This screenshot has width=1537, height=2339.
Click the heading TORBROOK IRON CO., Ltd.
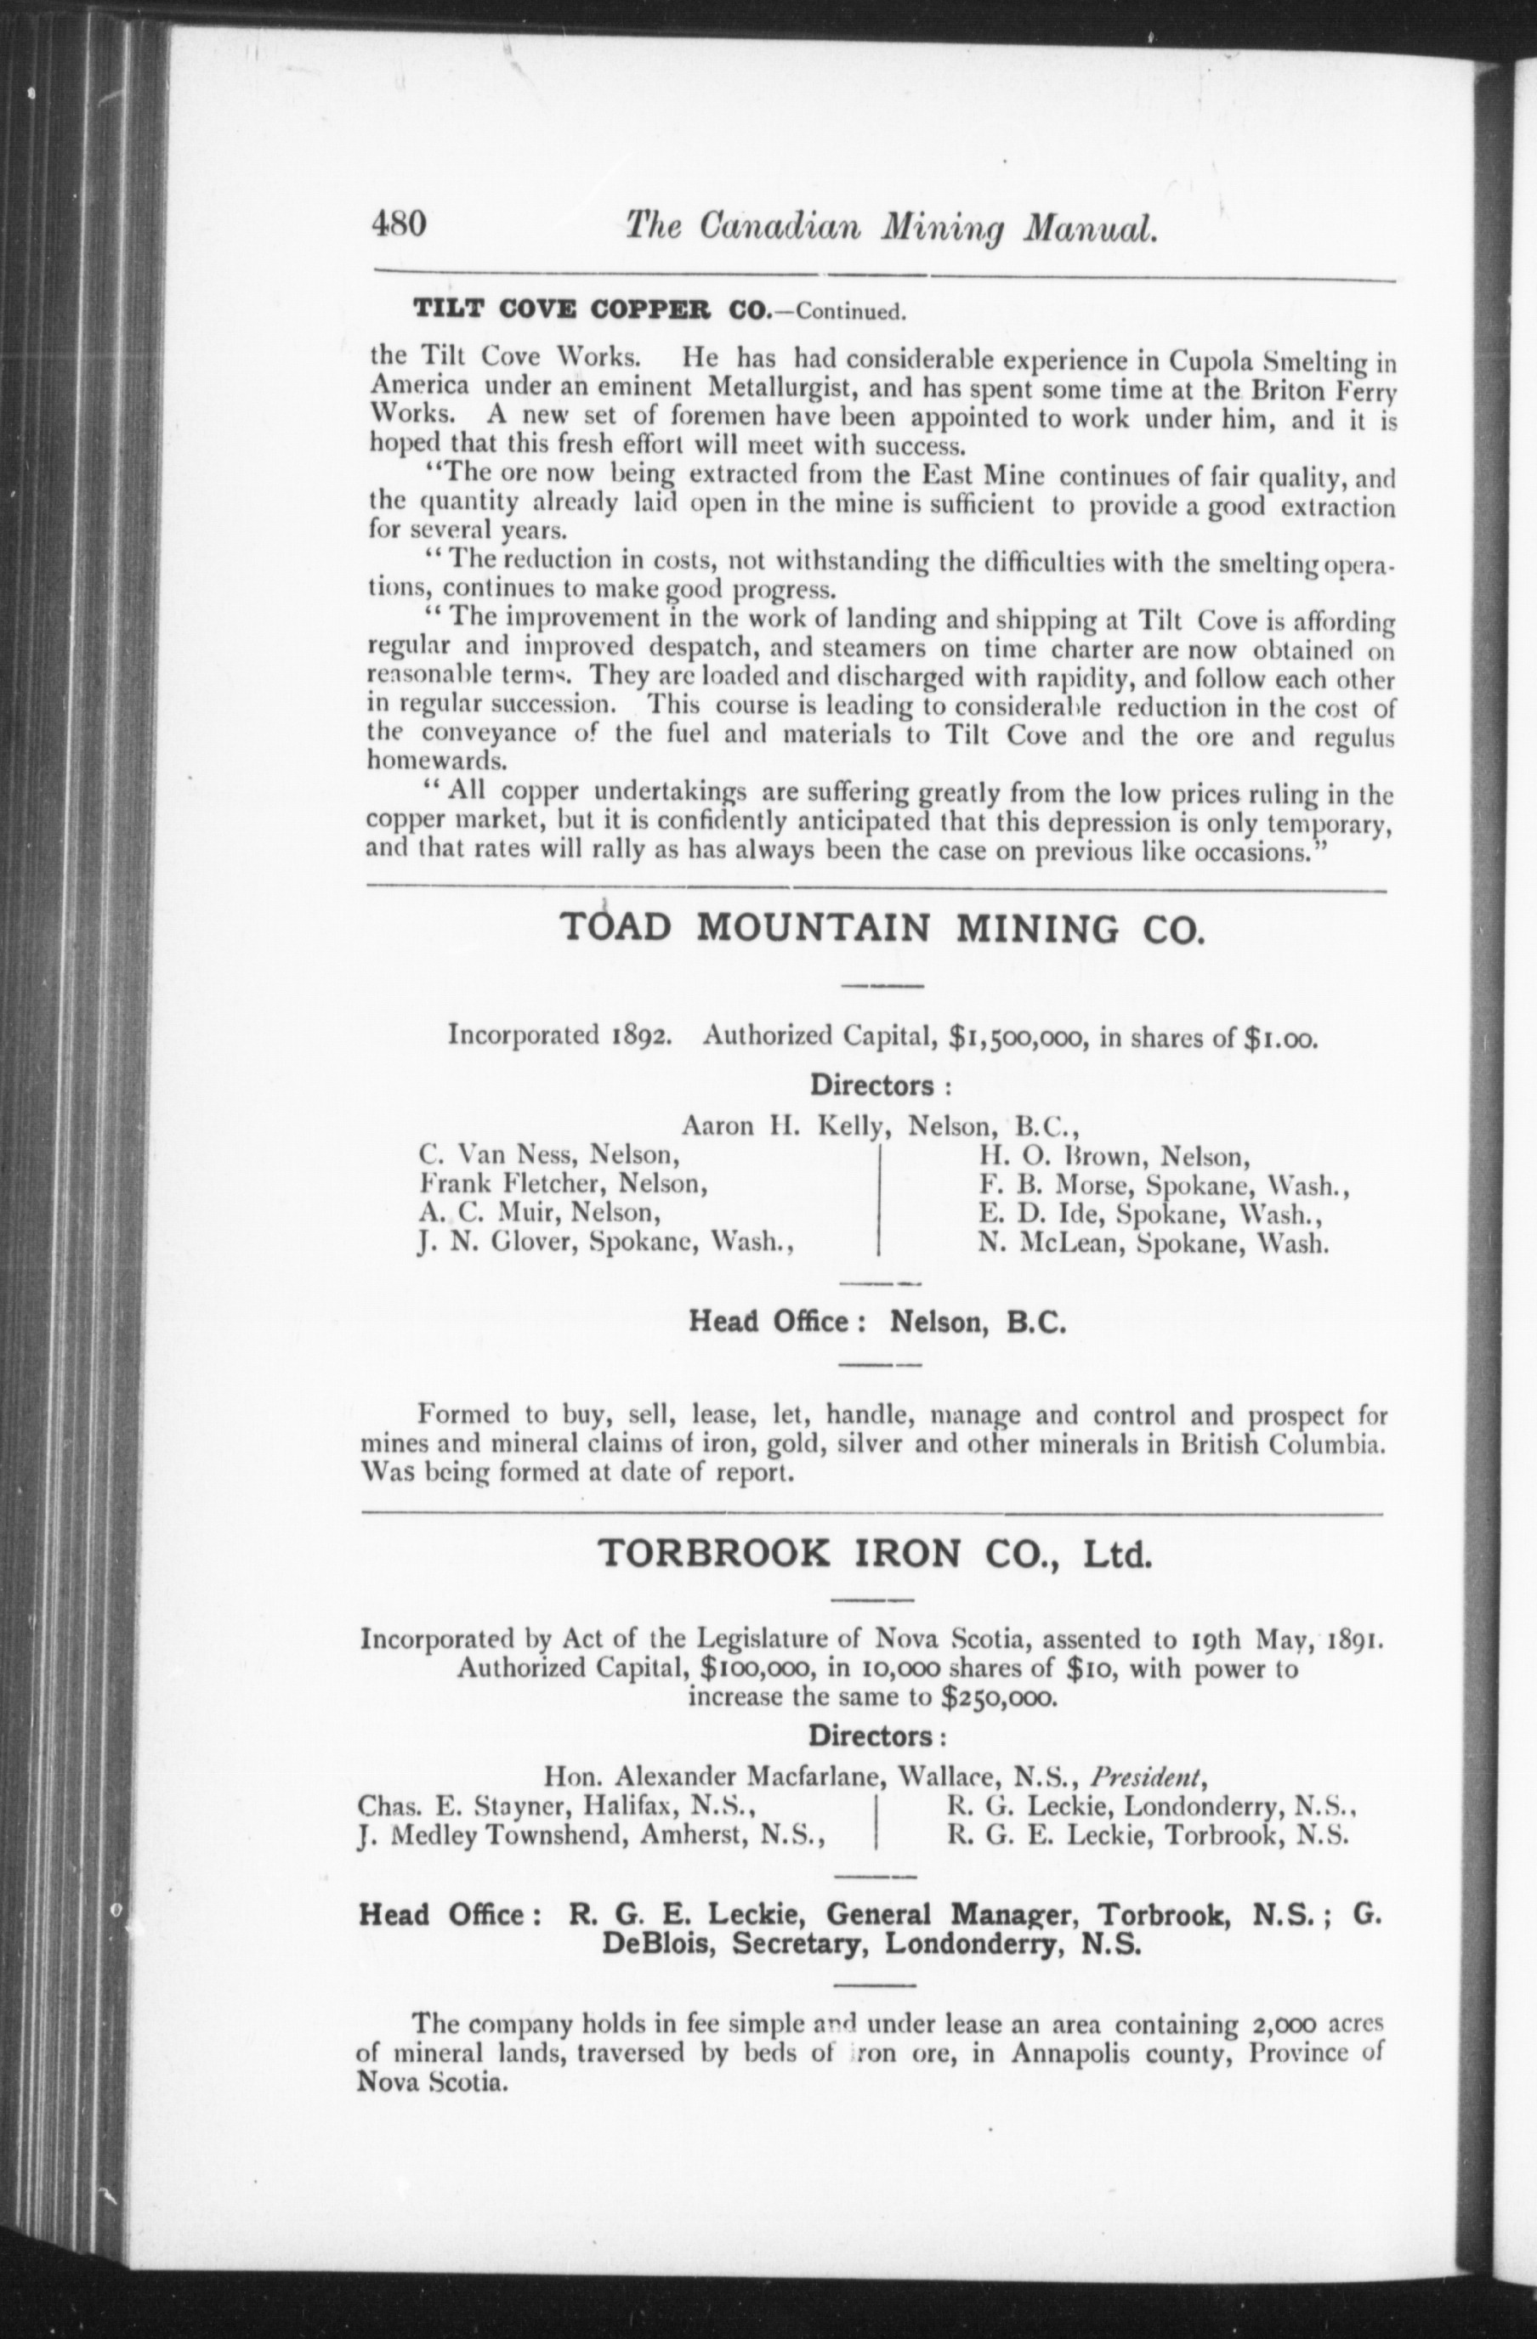tap(874, 1555)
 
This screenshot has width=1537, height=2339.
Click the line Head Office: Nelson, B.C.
tap(876, 1322)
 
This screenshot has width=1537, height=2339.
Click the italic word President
tap(1148, 1777)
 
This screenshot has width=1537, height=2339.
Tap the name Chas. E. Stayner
tap(462, 1805)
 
